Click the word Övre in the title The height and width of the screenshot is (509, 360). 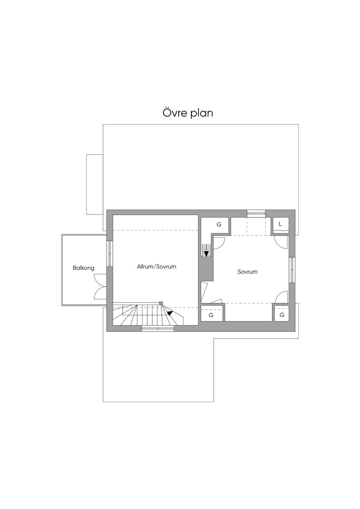tap(174, 113)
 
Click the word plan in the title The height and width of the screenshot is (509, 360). tap(201, 114)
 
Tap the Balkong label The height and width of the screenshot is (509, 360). tap(84, 268)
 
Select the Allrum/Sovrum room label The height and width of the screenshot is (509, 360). tap(156, 267)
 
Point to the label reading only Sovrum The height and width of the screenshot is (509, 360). tap(247, 272)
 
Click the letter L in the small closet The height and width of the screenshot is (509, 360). tap(280, 224)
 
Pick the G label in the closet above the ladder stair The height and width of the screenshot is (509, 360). tap(219, 224)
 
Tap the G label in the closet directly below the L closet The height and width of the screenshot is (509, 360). tap(282, 315)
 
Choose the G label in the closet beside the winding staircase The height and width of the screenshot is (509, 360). tap(211, 315)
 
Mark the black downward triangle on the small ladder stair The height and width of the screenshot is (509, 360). tap(206, 253)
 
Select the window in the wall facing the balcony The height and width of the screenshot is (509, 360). tap(109, 254)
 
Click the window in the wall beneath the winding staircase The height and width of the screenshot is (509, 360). tap(158, 328)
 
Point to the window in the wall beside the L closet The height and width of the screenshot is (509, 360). tap(256, 213)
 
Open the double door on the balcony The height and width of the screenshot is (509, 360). tap(101, 286)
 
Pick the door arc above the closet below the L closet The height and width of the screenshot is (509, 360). tap(281, 297)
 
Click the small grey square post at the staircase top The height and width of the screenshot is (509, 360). tap(161, 303)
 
